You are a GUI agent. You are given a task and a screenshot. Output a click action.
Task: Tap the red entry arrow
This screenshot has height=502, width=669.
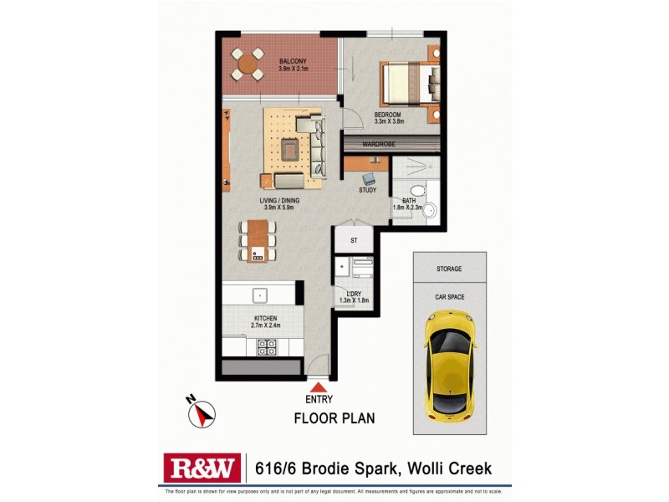(x=318, y=387)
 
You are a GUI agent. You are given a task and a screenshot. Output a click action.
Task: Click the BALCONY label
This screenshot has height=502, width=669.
(x=293, y=61)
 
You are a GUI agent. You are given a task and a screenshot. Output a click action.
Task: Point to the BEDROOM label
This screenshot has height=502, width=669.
(x=389, y=115)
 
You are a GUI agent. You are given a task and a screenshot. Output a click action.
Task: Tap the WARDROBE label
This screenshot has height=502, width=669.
(x=378, y=144)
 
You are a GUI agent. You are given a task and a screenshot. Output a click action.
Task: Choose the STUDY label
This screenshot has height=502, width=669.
(x=368, y=190)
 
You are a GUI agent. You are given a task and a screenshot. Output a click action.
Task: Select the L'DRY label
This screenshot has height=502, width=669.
(x=354, y=292)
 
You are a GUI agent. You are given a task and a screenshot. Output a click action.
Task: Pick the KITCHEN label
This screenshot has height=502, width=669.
(x=265, y=319)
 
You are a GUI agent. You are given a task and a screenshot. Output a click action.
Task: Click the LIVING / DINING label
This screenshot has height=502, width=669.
(x=279, y=201)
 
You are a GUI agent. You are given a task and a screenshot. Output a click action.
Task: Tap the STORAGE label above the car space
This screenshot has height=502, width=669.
(x=448, y=269)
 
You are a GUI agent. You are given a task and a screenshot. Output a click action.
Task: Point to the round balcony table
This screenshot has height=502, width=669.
(x=248, y=63)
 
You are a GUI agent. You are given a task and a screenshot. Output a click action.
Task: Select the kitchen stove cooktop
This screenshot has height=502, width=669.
(x=267, y=346)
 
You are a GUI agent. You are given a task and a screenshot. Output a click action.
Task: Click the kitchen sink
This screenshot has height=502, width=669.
(x=260, y=295)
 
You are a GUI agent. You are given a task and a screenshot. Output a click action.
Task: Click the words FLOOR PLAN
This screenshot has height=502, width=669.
(x=334, y=418)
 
